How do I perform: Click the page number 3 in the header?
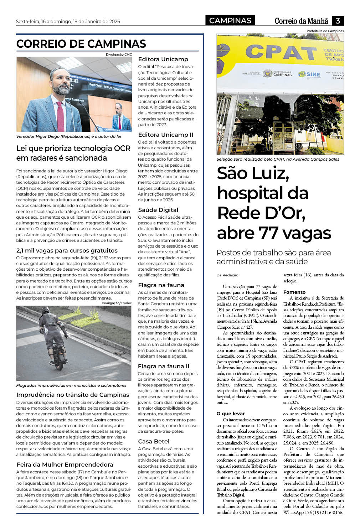[x=338, y=21]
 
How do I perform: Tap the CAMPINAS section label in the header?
[x=230, y=21]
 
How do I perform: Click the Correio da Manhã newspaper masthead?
[x=301, y=21]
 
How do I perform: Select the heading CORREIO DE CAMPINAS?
[x=81, y=44]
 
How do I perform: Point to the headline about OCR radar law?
[x=73, y=153]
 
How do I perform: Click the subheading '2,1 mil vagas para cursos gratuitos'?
[x=67, y=250]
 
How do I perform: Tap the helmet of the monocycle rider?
[x=45, y=310]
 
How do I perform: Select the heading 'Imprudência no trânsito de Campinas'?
[x=73, y=395]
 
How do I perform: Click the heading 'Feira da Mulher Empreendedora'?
[x=65, y=464]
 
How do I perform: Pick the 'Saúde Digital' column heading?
[x=158, y=210]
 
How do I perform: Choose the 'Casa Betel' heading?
[x=154, y=441]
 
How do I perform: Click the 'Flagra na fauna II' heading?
[x=164, y=366]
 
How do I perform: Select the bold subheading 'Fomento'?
[x=294, y=292]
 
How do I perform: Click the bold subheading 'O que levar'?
[x=231, y=414]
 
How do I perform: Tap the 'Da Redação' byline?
[x=227, y=275]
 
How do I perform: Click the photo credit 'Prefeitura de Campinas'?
[x=325, y=31]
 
